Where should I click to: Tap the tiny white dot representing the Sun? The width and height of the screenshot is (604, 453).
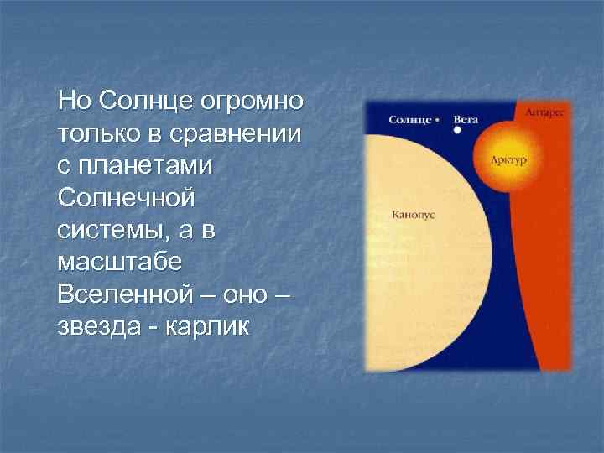click(440, 120)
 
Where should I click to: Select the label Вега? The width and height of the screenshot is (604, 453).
click(466, 120)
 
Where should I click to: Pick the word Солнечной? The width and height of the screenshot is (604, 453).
click(127, 200)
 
